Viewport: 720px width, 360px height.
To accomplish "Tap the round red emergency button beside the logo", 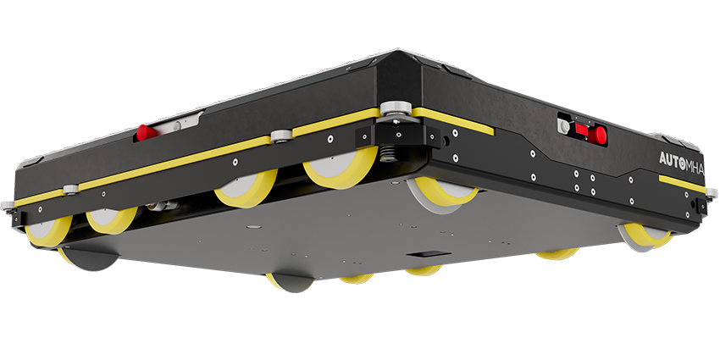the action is click(x=598, y=135).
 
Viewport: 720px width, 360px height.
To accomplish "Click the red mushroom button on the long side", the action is click(x=145, y=133).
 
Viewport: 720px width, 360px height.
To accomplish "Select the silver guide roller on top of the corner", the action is click(x=395, y=110).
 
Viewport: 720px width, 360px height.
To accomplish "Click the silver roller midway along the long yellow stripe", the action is click(x=281, y=136).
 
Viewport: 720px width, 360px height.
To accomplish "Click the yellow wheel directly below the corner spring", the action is click(x=341, y=167).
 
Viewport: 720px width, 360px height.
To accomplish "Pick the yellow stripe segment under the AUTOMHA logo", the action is click(x=682, y=184).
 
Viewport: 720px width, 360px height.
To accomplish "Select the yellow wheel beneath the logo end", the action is click(x=646, y=236).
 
